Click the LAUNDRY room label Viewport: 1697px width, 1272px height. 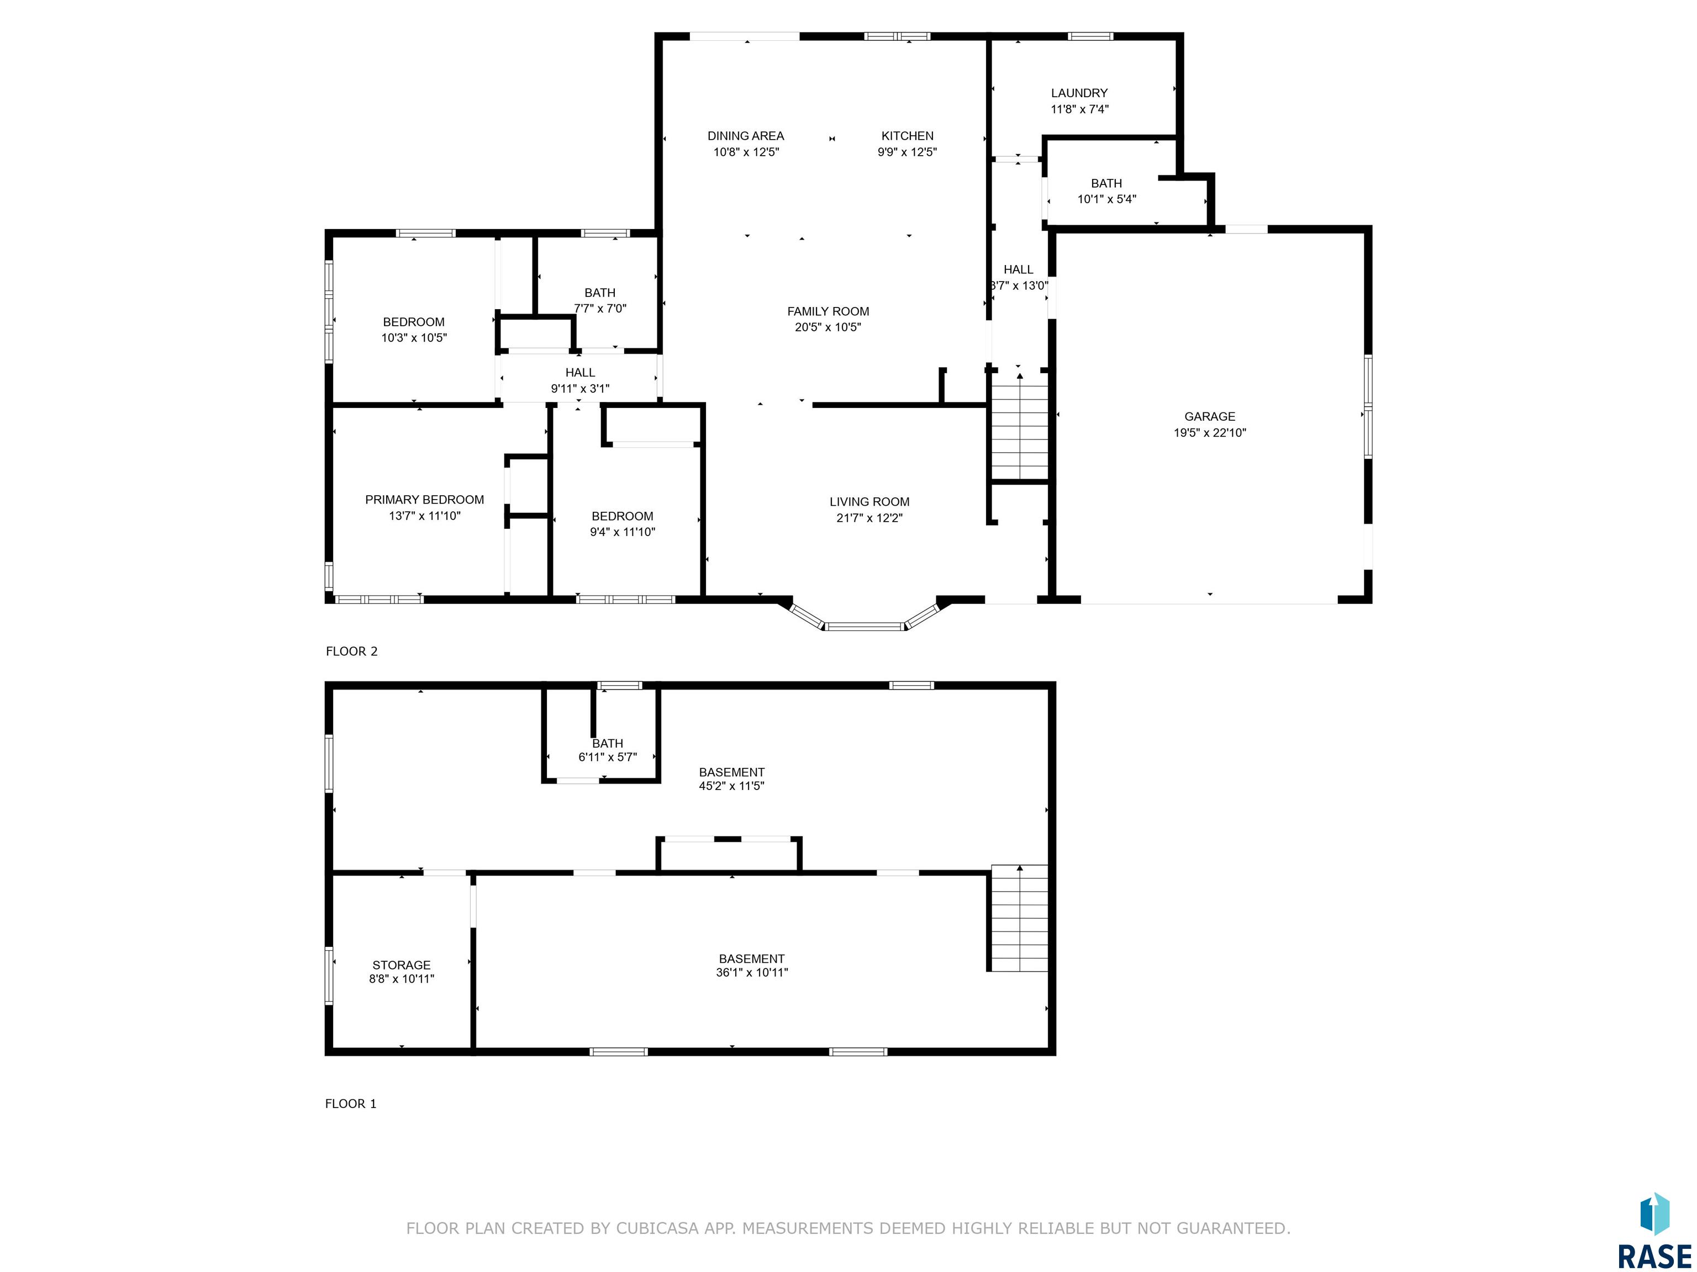pyautogui.click(x=1079, y=93)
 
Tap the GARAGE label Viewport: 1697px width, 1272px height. pyautogui.click(x=1210, y=416)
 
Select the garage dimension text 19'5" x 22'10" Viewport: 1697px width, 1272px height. pyautogui.click(x=1210, y=432)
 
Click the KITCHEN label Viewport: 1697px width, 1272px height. pyautogui.click(x=908, y=136)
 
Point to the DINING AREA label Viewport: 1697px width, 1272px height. pyautogui.click(x=746, y=136)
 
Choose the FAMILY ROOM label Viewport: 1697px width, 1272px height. pyautogui.click(x=828, y=311)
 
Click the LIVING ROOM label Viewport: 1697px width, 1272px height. pyautogui.click(x=869, y=501)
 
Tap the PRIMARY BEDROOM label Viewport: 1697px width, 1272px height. pyautogui.click(x=424, y=500)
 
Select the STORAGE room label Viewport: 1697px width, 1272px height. pyautogui.click(x=401, y=965)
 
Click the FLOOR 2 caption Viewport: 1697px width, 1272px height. pyautogui.click(x=351, y=651)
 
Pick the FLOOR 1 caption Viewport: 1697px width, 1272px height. pyautogui.click(x=351, y=1103)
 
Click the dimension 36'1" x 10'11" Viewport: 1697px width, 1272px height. pyautogui.click(x=752, y=972)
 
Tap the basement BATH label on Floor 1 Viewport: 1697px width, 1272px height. pyautogui.click(x=608, y=744)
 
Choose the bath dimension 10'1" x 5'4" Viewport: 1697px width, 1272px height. pyautogui.click(x=1106, y=199)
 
